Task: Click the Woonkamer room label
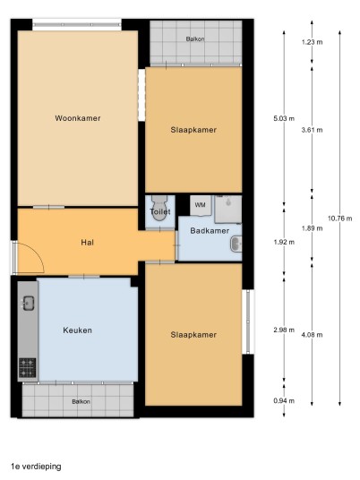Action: point(78,118)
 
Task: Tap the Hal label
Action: point(87,243)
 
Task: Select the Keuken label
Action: point(77,330)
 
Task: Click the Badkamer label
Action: point(210,230)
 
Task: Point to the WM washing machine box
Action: point(201,205)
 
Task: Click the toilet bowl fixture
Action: point(159,208)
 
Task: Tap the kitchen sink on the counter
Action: point(28,304)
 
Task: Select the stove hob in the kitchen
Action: point(28,368)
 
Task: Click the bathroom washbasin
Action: point(236,244)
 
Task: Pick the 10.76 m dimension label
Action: point(339,219)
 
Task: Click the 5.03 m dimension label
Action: point(284,118)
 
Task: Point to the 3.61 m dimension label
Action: point(312,130)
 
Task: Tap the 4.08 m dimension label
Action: point(312,335)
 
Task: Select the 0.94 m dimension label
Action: point(284,400)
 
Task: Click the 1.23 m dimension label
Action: point(312,42)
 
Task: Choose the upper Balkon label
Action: point(195,39)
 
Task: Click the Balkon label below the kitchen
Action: point(81,401)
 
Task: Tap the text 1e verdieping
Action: point(36,467)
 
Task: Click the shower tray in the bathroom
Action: point(228,210)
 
